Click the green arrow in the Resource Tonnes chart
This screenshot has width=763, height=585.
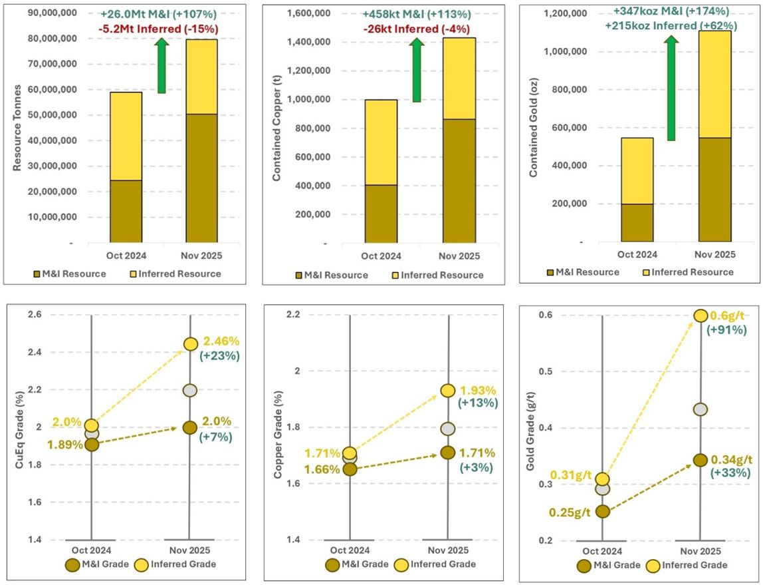(x=162, y=66)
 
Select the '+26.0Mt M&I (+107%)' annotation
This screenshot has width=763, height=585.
(x=160, y=14)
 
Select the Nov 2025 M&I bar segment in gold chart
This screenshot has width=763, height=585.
(x=715, y=189)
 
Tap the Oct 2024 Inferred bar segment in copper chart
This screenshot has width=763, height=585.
(x=381, y=142)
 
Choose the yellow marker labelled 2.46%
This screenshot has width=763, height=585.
(x=190, y=344)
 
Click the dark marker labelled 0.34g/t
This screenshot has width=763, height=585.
(x=700, y=460)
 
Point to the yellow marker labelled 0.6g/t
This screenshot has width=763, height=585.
(x=700, y=316)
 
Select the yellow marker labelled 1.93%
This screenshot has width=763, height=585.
(x=447, y=391)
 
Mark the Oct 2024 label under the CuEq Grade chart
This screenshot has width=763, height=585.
(x=91, y=550)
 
